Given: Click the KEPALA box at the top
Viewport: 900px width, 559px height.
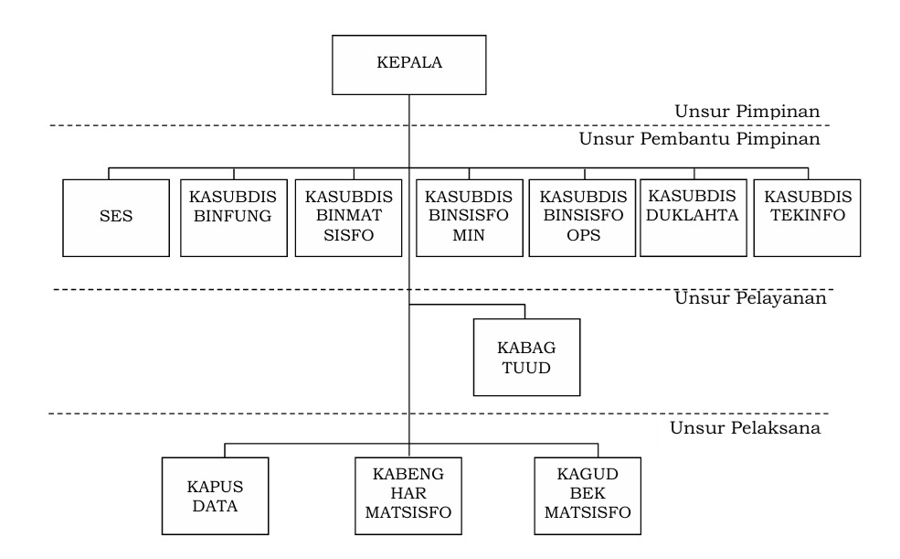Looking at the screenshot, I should point(408,64).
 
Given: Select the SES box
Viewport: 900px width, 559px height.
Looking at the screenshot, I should point(117,218).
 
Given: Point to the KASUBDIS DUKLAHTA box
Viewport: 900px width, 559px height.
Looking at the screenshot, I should point(693,216).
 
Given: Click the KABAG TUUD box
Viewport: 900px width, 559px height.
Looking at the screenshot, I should point(525,357).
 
